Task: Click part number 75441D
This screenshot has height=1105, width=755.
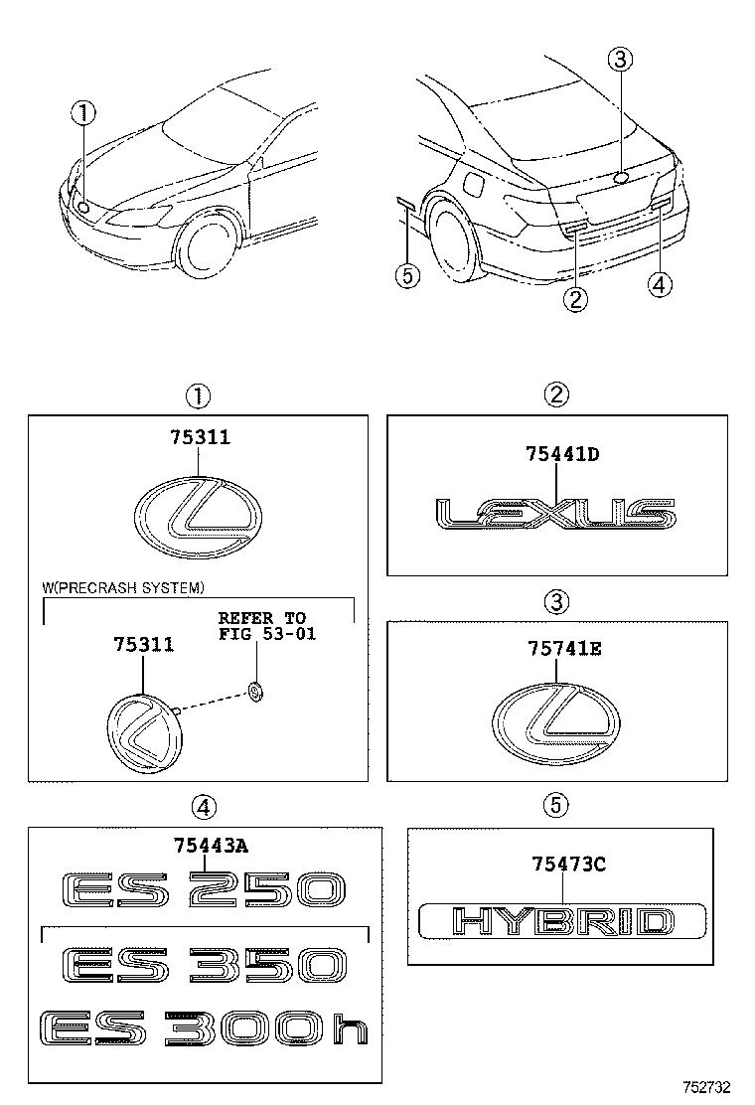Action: click(563, 454)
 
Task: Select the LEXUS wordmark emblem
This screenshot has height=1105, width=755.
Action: click(555, 514)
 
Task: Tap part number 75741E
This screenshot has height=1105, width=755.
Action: click(563, 649)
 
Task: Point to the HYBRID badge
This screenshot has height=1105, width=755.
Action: click(562, 921)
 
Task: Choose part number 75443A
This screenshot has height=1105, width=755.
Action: click(212, 846)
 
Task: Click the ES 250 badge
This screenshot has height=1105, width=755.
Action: click(203, 889)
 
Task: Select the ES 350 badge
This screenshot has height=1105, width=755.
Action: click(203, 966)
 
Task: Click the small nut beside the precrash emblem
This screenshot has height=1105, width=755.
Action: click(254, 692)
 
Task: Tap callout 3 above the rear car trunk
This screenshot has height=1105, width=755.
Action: click(619, 60)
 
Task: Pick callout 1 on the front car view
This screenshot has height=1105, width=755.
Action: click(83, 113)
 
